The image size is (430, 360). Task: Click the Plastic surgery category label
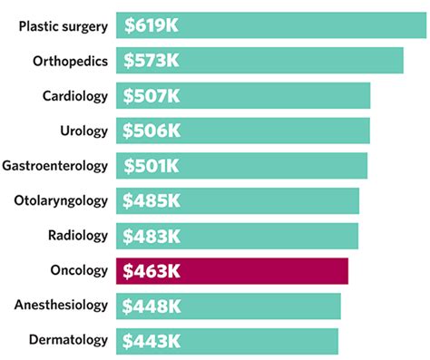pyautogui.click(x=63, y=25)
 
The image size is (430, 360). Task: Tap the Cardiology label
pyautogui.click(x=74, y=96)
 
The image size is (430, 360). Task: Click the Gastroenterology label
pyautogui.click(x=55, y=166)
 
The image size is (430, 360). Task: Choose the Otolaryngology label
pyautogui.click(x=61, y=200)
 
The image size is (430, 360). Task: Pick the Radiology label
pyautogui.click(x=77, y=236)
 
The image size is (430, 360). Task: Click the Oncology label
pyautogui.click(x=79, y=270)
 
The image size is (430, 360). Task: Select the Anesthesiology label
pyautogui.click(x=61, y=306)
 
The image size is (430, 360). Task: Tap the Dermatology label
pyautogui.click(x=69, y=341)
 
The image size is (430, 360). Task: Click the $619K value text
pyautogui.click(x=151, y=26)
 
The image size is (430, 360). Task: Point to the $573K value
pyautogui.click(x=151, y=61)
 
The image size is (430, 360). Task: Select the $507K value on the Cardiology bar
pyautogui.click(x=151, y=96)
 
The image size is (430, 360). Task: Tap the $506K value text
pyautogui.click(x=151, y=131)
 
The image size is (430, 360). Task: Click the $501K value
pyautogui.click(x=151, y=166)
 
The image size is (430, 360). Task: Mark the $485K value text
pyautogui.click(x=151, y=200)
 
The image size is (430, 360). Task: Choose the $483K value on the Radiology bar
pyautogui.click(x=151, y=236)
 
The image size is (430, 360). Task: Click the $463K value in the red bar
pyautogui.click(x=151, y=271)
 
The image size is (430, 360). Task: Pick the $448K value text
pyautogui.click(x=151, y=306)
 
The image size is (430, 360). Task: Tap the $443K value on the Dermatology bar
pyautogui.click(x=151, y=341)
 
